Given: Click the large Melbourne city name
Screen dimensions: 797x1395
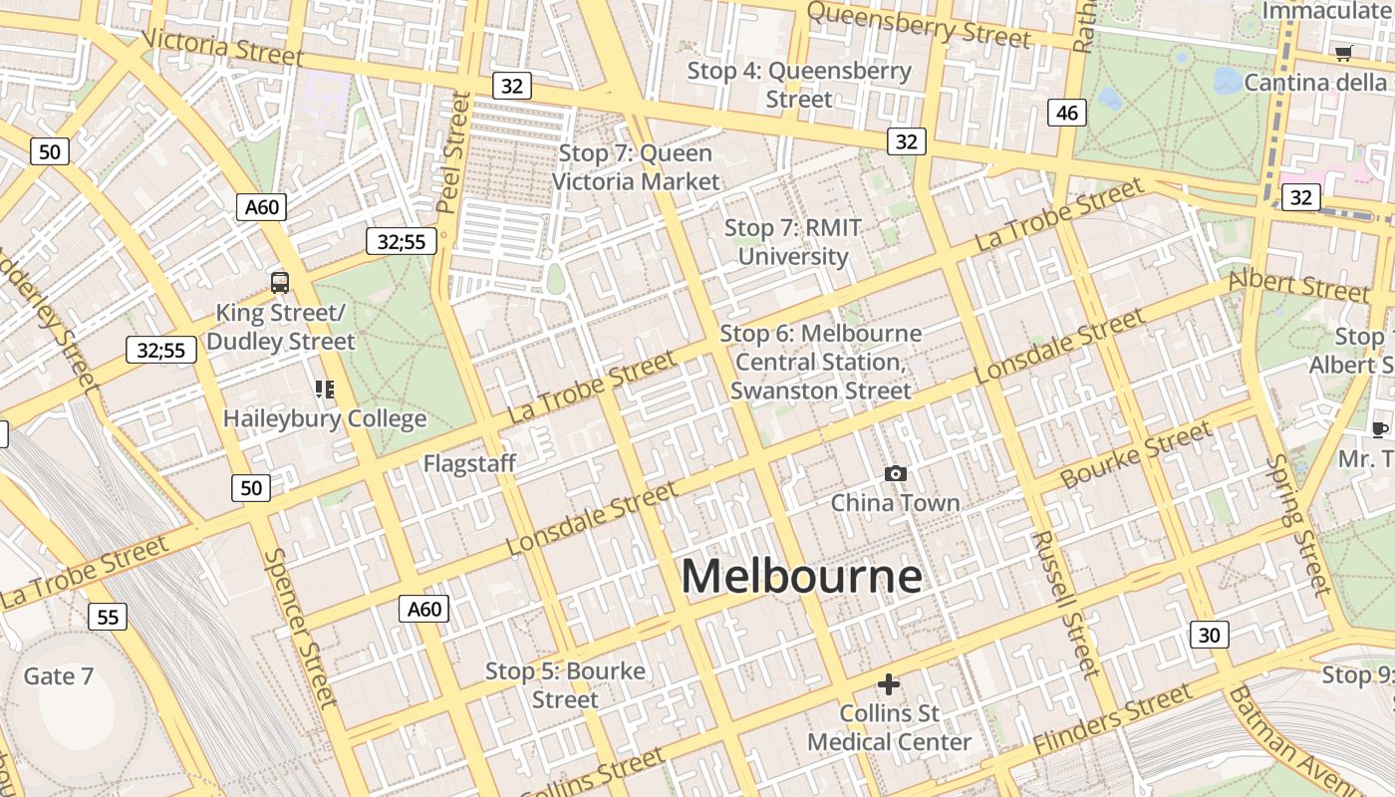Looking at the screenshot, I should coord(801,577).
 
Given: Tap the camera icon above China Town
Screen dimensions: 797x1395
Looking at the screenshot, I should coord(896,473).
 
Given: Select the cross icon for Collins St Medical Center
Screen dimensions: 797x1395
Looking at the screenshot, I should coord(889,684).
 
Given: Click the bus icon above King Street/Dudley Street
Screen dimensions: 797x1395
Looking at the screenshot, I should coord(280,282).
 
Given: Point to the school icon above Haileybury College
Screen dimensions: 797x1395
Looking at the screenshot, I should coord(325,389).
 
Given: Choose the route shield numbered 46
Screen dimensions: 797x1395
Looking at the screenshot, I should coord(1066,113).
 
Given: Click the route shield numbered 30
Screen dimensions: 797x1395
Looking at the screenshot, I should coord(1209,635).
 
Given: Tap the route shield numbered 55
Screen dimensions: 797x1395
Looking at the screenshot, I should coord(108,617).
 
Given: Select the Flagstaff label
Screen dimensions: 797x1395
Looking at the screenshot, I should coord(469,463).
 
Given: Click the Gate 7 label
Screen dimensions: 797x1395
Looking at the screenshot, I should coord(58,676).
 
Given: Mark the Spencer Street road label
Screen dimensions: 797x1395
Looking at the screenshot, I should coord(296,628).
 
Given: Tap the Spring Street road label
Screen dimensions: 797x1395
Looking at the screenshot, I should coord(1299,524).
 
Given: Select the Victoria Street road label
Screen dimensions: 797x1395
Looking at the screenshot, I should coord(222,47).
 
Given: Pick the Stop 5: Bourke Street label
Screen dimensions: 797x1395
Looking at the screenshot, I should coord(565,685).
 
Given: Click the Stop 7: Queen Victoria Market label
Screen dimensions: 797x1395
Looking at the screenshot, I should coord(636,167).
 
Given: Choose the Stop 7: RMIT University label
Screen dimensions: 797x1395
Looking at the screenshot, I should coord(793,242).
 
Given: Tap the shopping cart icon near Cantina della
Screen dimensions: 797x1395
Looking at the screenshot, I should coord(1343,53).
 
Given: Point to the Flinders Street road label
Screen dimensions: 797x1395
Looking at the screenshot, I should coord(1112,719).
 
